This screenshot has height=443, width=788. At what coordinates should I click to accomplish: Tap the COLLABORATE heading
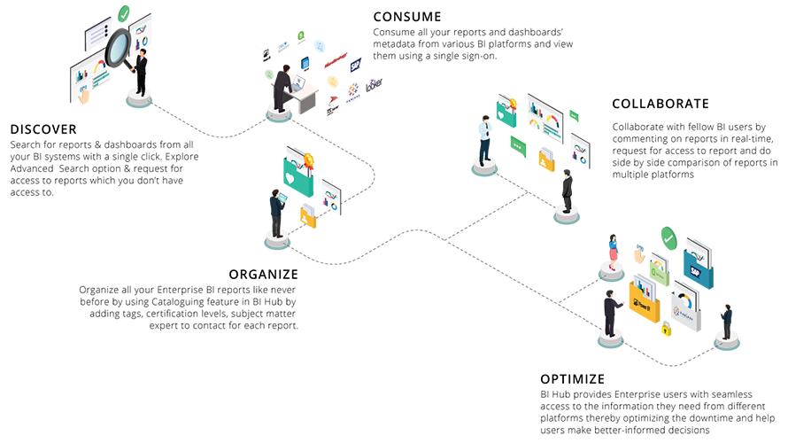click(x=660, y=104)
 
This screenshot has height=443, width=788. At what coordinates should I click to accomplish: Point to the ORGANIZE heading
click(x=263, y=274)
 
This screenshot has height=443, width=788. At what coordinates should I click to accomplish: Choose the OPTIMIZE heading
click(x=573, y=378)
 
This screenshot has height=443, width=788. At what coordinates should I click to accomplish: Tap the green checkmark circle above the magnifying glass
click(x=124, y=13)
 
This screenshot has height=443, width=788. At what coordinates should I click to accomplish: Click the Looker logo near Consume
click(x=374, y=87)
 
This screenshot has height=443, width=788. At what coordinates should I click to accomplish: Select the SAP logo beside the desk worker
click(x=356, y=64)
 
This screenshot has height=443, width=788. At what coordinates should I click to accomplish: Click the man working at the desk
click(x=282, y=89)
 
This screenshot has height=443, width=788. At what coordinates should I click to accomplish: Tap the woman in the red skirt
click(x=613, y=252)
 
